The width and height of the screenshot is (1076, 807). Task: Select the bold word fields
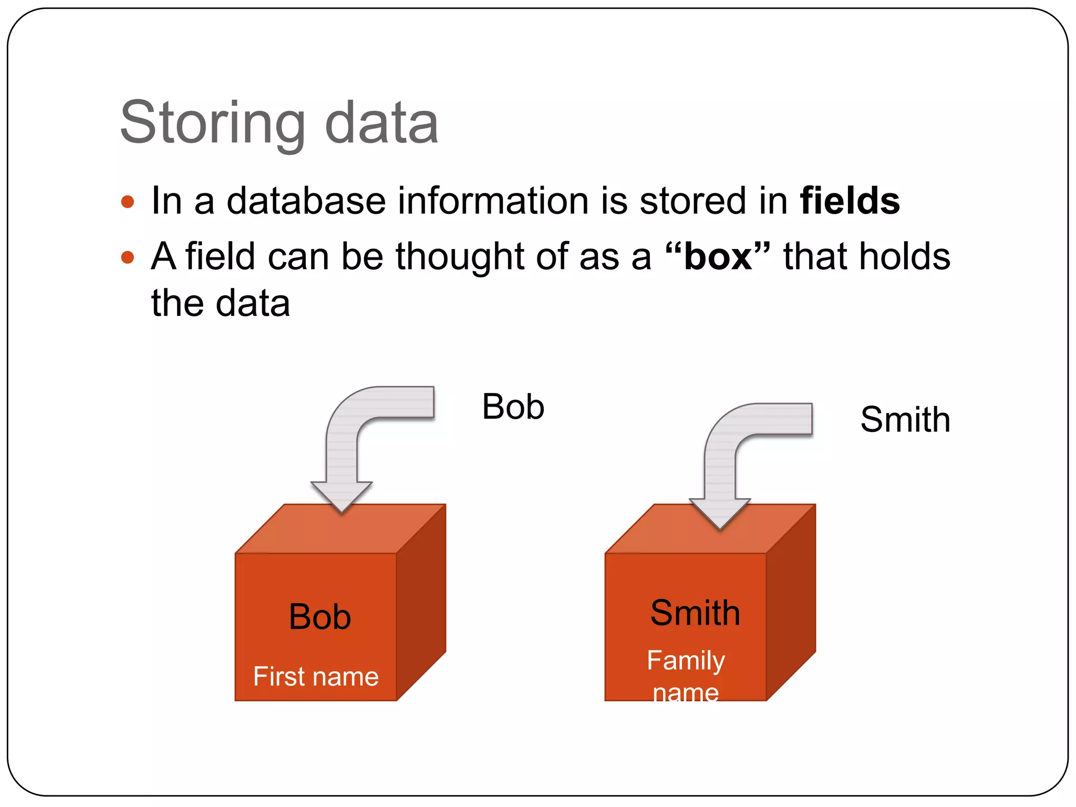(x=850, y=201)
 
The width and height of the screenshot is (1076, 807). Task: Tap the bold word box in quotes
(x=718, y=256)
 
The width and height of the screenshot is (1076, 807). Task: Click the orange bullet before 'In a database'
(x=128, y=202)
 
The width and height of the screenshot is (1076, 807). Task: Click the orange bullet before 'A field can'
(x=128, y=257)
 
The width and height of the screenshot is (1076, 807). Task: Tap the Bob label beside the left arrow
(x=513, y=407)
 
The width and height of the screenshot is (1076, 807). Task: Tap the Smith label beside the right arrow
(x=905, y=420)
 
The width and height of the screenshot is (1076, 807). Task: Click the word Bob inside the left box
(x=319, y=617)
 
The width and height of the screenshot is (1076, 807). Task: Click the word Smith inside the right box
(x=695, y=613)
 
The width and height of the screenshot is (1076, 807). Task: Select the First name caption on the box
(x=316, y=677)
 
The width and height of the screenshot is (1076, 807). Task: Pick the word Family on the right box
(x=686, y=660)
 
